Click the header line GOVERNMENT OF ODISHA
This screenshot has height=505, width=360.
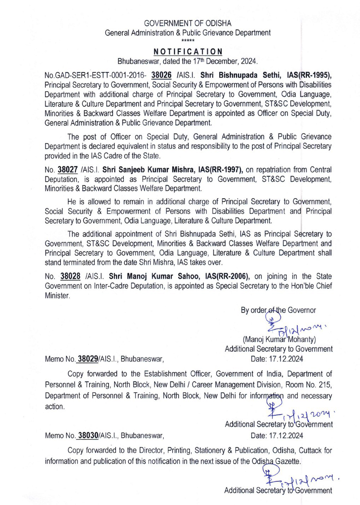pyautogui.click(x=180, y=23)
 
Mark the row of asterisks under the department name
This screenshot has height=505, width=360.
pyautogui.click(x=180, y=40)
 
